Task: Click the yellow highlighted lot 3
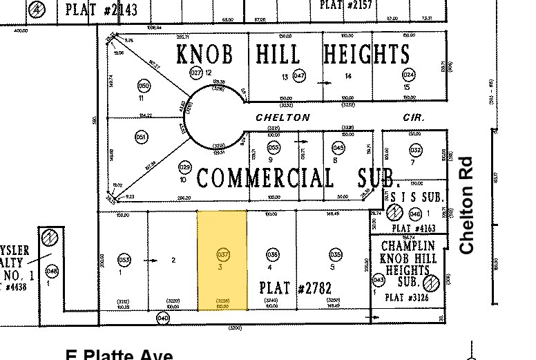tap(222, 276)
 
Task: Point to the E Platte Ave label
tap(119, 354)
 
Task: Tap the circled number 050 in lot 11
tap(144, 86)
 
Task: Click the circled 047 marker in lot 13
tap(299, 76)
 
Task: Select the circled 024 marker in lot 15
tap(408, 75)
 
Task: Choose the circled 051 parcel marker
tap(142, 136)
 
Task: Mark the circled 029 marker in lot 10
tap(184, 167)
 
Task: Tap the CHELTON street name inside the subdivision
tap(283, 117)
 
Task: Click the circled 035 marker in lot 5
tap(336, 254)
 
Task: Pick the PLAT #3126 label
tap(403, 297)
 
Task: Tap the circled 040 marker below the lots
tap(163, 318)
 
